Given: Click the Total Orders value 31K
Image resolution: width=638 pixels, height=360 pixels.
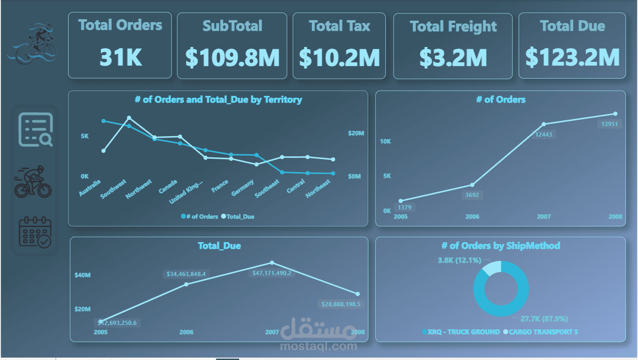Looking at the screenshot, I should click(x=120, y=58).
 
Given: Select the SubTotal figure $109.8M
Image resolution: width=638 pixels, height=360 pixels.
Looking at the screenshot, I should click(x=232, y=58).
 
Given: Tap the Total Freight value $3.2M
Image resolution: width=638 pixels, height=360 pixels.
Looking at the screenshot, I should click(x=453, y=58).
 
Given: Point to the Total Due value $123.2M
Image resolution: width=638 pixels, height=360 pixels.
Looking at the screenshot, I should click(x=572, y=58).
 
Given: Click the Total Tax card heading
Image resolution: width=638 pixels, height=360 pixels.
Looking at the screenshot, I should click(x=339, y=26).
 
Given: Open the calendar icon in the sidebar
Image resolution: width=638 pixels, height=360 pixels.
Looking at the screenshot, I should click(x=34, y=232).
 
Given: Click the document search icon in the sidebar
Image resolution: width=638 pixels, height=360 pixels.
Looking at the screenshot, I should click(x=35, y=129).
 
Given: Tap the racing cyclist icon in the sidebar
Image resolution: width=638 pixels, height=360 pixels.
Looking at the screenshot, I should click(x=33, y=182).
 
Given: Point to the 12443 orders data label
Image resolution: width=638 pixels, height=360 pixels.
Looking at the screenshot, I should click(x=543, y=135).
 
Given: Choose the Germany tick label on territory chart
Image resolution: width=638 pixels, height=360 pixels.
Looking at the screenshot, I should click(x=243, y=188).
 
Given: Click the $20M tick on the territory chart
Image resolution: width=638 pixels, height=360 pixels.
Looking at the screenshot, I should click(x=356, y=133).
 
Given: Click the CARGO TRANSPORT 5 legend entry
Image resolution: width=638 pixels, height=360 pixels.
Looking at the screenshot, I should click(x=541, y=332).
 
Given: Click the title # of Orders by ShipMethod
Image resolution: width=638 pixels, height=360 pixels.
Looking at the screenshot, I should click(x=500, y=246).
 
